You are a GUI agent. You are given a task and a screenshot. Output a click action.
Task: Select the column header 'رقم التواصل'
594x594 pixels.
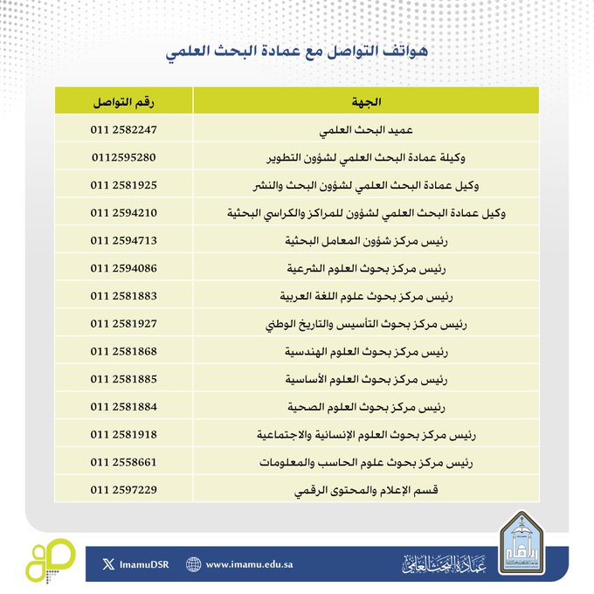[x=124, y=102]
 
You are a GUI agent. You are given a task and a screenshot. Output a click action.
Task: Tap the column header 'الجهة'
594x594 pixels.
[x=367, y=102]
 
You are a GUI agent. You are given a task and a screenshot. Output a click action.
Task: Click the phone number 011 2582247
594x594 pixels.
[x=124, y=130]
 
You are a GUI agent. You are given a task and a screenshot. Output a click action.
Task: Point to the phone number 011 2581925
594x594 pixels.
[x=124, y=185]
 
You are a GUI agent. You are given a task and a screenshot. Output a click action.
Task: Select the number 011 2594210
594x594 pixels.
[x=124, y=212]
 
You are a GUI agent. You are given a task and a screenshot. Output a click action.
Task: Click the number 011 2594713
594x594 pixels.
[x=124, y=239]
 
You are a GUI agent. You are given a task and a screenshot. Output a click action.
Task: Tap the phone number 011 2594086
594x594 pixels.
[x=124, y=267]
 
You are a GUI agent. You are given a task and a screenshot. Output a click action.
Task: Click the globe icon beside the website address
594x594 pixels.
[x=194, y=564]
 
